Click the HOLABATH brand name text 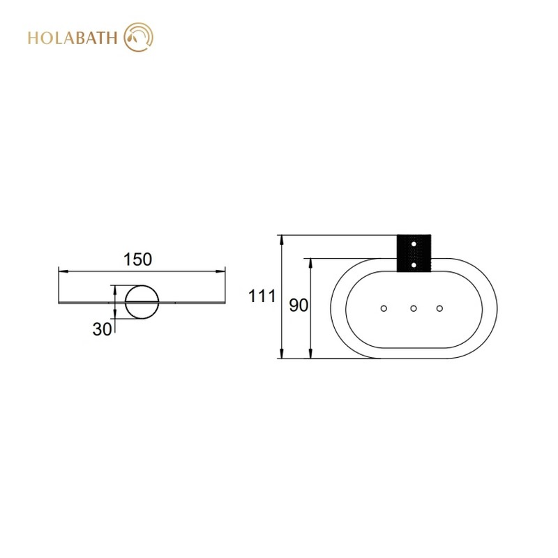tap(73, 38)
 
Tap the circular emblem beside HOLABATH tap(138, 37)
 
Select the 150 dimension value tap(137, 259)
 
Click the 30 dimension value tap(102, 329)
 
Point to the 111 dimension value tap(262, 296)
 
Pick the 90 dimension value tap(299, 306)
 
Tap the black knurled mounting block tap(414, 253)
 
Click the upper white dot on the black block tap(414, 244)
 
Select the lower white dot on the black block tap(414, 265)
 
